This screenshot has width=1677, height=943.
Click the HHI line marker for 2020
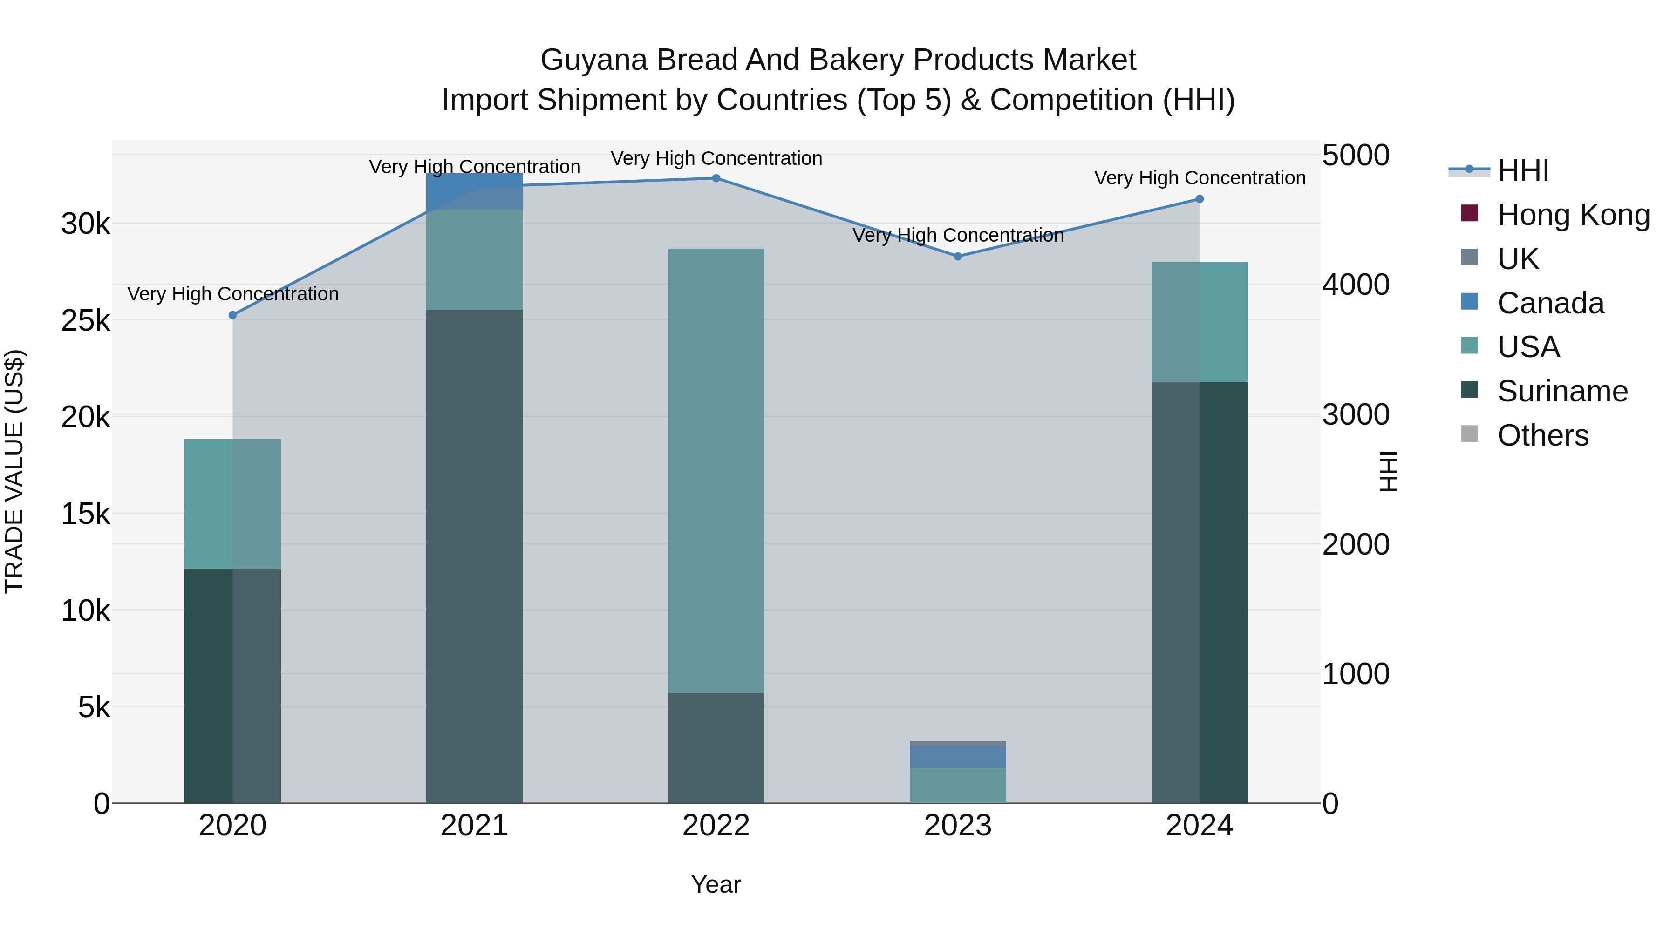point(232,315)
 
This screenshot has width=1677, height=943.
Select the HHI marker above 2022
point(716,178)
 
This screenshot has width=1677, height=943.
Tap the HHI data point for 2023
point(958,257)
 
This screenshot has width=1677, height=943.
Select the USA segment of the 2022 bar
point(716,470)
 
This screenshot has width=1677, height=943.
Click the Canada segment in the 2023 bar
point(958,756)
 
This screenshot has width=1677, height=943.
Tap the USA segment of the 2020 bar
point(232,504)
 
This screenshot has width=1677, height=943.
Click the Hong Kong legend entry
point(1572,215)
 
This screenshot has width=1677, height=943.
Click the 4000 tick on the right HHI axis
point(1356,285)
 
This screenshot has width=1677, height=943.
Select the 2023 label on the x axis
point(958,826)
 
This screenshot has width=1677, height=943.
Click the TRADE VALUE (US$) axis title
point(14,471)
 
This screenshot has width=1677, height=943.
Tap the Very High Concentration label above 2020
point(232,294)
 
